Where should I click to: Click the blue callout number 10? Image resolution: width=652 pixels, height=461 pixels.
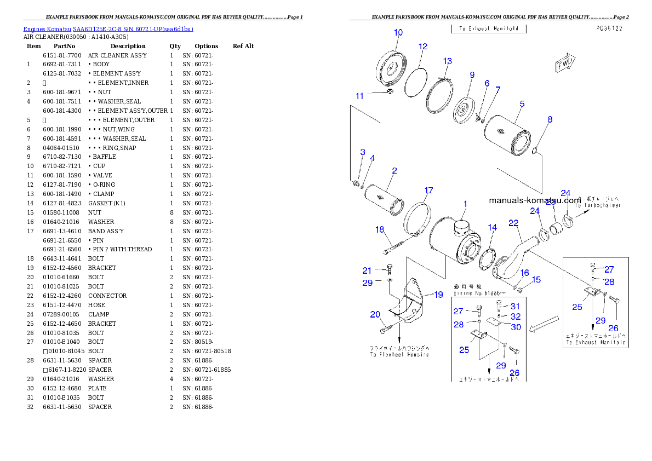tap(398, 32)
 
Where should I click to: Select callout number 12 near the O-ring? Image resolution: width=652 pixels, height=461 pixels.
tap(423, 47)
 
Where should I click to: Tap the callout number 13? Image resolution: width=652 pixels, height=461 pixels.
tap(448, 61)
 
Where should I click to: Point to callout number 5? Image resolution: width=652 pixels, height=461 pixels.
tap(522, 103)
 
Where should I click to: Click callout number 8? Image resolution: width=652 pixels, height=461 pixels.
tap(550, 119)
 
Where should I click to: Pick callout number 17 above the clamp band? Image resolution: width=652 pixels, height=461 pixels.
tap(428, 191)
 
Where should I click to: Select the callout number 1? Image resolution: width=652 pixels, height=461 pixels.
tap(465, 204)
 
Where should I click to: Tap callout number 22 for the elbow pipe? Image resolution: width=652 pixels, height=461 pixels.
tap(513, 222)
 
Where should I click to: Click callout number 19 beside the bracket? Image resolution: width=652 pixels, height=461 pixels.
tap(438, 295)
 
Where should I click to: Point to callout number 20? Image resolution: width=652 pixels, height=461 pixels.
tap(375, 314)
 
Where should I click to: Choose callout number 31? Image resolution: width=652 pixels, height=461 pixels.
tap(515, 306)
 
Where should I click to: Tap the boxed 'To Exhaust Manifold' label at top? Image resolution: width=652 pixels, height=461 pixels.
tap(489, 28)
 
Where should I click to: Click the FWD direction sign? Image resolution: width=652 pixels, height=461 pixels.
tap(564, 64)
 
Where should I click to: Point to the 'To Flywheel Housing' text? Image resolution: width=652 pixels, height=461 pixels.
tap(399, 354)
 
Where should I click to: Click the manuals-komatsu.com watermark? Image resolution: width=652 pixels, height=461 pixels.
tap(535, 200)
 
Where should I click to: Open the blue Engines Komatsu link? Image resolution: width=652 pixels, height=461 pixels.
tap(108, 29)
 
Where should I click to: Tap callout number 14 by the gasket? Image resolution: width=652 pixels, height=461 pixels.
tap(493, 227)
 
